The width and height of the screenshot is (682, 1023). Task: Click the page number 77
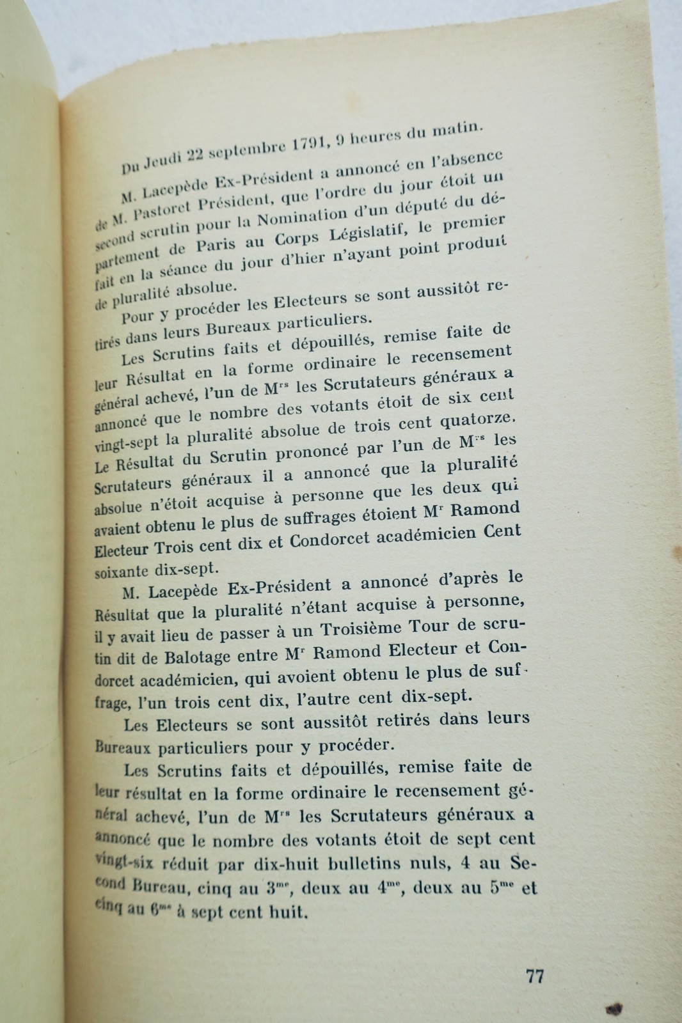[535, 977]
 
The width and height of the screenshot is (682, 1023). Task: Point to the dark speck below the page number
[614, 1008]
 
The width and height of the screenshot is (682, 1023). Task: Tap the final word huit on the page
[288, 912]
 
